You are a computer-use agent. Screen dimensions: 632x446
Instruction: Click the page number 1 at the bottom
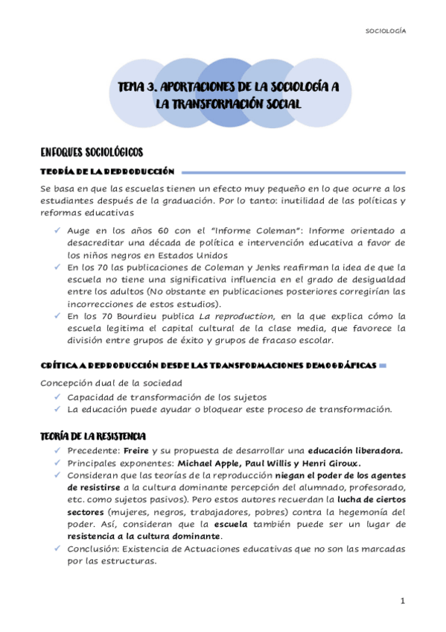point(402,601)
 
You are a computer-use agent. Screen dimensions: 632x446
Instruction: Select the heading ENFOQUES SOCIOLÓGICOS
point(92,152)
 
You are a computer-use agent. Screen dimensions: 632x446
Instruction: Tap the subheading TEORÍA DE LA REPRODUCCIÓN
point(107,171)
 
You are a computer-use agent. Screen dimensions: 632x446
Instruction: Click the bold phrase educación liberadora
point(356,449)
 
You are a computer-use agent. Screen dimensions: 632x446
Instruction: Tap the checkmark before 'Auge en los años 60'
point(57,230)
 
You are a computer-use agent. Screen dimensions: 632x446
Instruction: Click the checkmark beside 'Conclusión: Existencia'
point(57,549)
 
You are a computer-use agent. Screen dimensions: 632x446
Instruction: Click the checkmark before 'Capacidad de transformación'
point(57,396)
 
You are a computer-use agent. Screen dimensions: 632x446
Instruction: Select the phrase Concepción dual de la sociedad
point(100,383)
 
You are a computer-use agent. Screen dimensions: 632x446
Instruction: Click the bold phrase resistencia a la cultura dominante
point(144,537)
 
